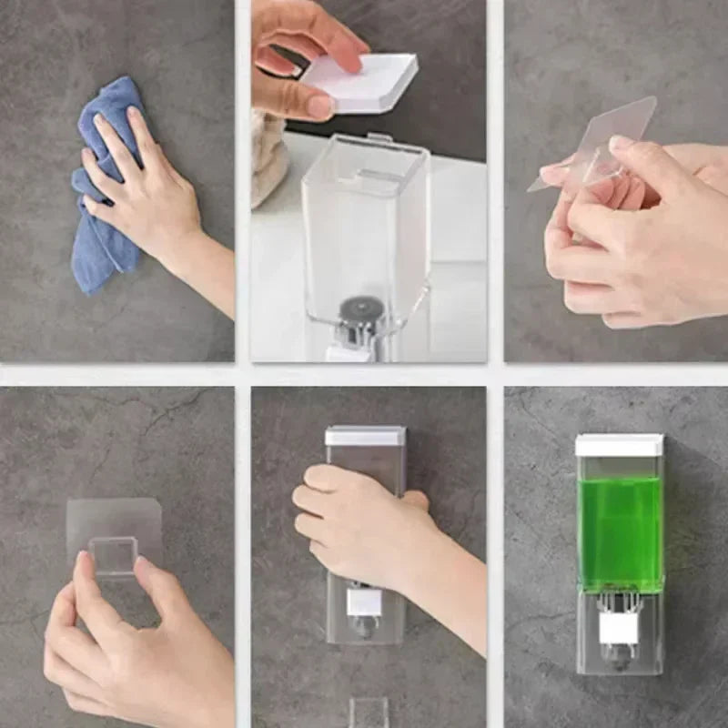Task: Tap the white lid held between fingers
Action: pyautogui.click(x=364, y=82)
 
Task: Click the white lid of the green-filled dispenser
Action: pyautogui.click(x=620, y=445)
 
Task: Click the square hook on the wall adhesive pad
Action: pyautogui.click(x=113, y=555)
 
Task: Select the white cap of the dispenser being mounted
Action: pyautogui.click(x=365, y=436)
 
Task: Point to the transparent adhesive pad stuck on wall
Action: pyautogui.click(x=114, y=528)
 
